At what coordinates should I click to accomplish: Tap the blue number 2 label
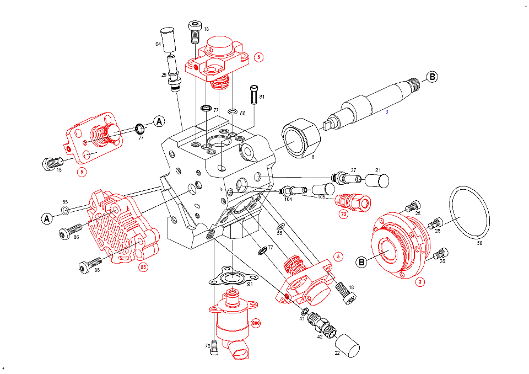(387, 113)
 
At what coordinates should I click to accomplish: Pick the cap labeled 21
(377, 181)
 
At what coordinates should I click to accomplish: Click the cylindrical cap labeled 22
(347, 345)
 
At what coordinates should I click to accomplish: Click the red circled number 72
(344, 215)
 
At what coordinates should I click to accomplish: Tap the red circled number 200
(255, 323)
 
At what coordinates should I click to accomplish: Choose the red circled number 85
(143, 268)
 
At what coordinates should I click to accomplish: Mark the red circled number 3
(420, 282)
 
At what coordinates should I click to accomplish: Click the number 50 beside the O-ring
(479, 243)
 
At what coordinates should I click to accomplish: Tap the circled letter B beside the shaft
(432, 77)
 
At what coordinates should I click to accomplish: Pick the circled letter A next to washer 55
(47, 219)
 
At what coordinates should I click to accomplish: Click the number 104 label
(288, 199)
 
